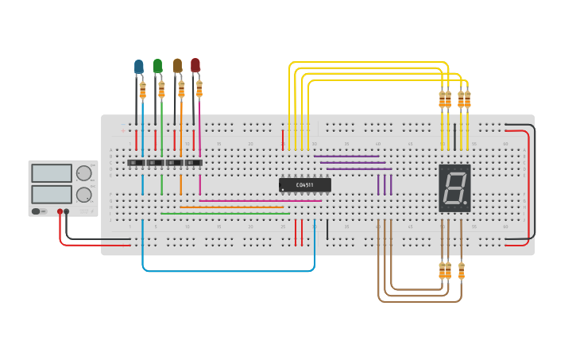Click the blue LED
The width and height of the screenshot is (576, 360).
point(139,67)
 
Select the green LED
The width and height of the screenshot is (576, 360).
point(157,66)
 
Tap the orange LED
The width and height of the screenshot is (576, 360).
point(177,66)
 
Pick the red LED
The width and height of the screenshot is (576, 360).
point(195,66)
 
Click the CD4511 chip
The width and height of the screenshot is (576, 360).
point(304,185)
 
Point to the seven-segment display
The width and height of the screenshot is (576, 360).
point(454,188)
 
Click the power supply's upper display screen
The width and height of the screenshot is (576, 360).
point(52,173)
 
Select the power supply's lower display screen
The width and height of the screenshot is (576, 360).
point(52,194)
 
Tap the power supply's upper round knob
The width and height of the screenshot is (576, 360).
point(83,173)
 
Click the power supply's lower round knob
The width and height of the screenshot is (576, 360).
point(83,194)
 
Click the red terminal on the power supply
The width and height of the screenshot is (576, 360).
point(59,211)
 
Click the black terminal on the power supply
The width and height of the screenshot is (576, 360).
point(67,211)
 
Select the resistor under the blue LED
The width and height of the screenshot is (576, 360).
point(143,90)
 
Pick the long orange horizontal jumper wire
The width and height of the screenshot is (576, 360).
point(231,207)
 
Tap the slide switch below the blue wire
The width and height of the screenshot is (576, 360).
point(137,163)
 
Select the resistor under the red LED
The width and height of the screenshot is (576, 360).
point(199,88)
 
